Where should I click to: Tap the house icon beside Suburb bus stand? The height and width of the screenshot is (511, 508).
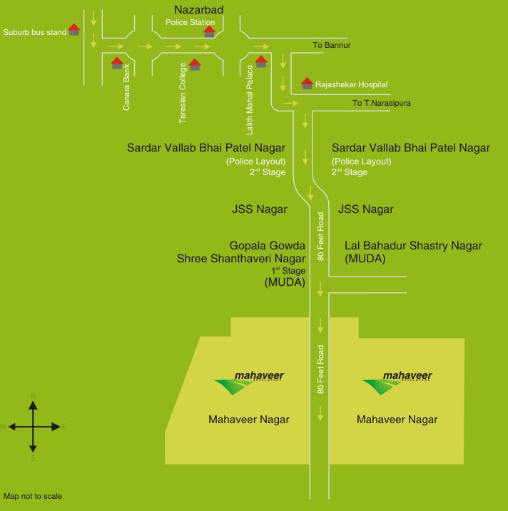(73, 30)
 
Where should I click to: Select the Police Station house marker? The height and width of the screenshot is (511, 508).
(209, 31)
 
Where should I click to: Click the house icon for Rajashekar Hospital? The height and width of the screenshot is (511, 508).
(307, 83)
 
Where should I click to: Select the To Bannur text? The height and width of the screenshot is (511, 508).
(332, 46)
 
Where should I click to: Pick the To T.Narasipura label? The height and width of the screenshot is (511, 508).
(382, 103)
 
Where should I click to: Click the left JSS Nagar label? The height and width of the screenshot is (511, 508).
(260, 209)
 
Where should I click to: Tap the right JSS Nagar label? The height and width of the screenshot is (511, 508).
(365, 209)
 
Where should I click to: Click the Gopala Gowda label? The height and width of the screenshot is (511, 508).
(267, 244)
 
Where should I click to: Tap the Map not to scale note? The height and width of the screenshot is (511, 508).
(37, 496)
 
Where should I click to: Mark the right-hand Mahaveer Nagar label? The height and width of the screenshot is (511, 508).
(397, 420)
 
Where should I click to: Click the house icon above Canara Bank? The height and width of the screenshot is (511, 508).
(117, 63)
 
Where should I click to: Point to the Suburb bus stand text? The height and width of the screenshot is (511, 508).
(34, 32)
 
